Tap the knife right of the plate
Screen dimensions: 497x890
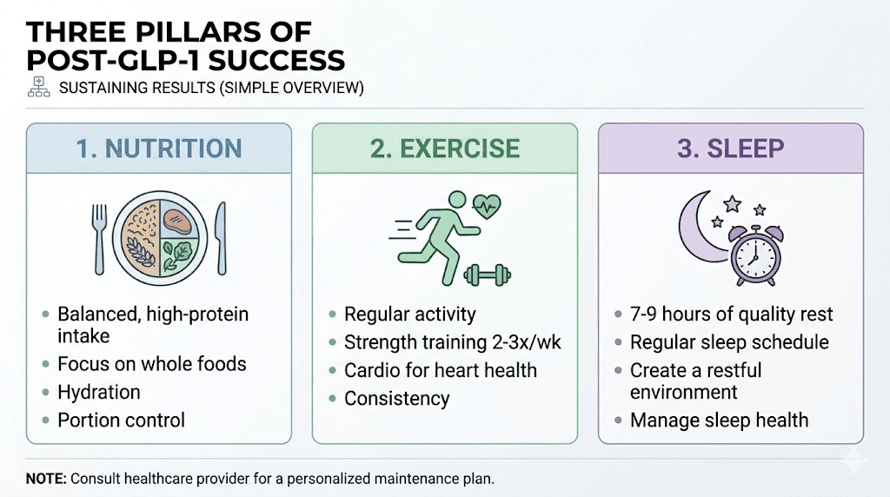(x=220, y=236)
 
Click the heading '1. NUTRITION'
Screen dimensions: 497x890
(x=157, y=149)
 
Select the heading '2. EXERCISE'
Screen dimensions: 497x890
(x=445, y=149)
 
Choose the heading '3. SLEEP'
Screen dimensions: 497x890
(x=730, y=149)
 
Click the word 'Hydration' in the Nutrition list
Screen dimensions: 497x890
(x=99, y=392)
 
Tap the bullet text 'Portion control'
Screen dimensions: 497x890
(x=121, y=421)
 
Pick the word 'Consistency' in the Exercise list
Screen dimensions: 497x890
(x=397, y=399)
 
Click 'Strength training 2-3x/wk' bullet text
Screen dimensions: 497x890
(x=453, y=342)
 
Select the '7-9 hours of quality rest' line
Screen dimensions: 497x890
(x=732, y=315)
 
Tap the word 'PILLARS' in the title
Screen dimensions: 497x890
(x=213, y=33)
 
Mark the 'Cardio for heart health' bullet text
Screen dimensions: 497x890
(x=441, y=370)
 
